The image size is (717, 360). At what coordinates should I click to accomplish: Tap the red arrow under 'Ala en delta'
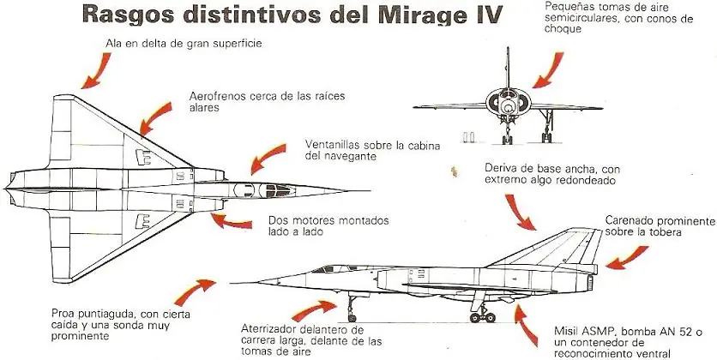point(97,70)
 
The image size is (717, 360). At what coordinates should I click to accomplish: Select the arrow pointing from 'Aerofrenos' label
point(155,118)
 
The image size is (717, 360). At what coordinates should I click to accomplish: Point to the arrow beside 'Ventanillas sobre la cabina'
point(267,158)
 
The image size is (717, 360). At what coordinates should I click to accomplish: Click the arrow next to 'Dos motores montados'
point(231,221)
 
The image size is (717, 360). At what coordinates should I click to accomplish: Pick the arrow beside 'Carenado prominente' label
point(627,258)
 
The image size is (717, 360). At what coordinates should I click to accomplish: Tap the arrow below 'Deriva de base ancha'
point(520,212)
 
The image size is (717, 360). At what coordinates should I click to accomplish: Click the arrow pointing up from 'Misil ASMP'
point(525,325)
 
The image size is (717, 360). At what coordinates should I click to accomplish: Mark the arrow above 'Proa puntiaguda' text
point(194,291)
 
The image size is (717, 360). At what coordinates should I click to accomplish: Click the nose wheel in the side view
point(352,317)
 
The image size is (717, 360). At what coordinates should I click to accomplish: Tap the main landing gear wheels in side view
point(483,316)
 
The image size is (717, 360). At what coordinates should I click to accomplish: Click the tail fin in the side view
point(556,248)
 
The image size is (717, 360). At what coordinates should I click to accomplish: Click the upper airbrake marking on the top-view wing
point(143,157)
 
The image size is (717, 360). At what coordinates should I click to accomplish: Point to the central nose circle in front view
point(507,107)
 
